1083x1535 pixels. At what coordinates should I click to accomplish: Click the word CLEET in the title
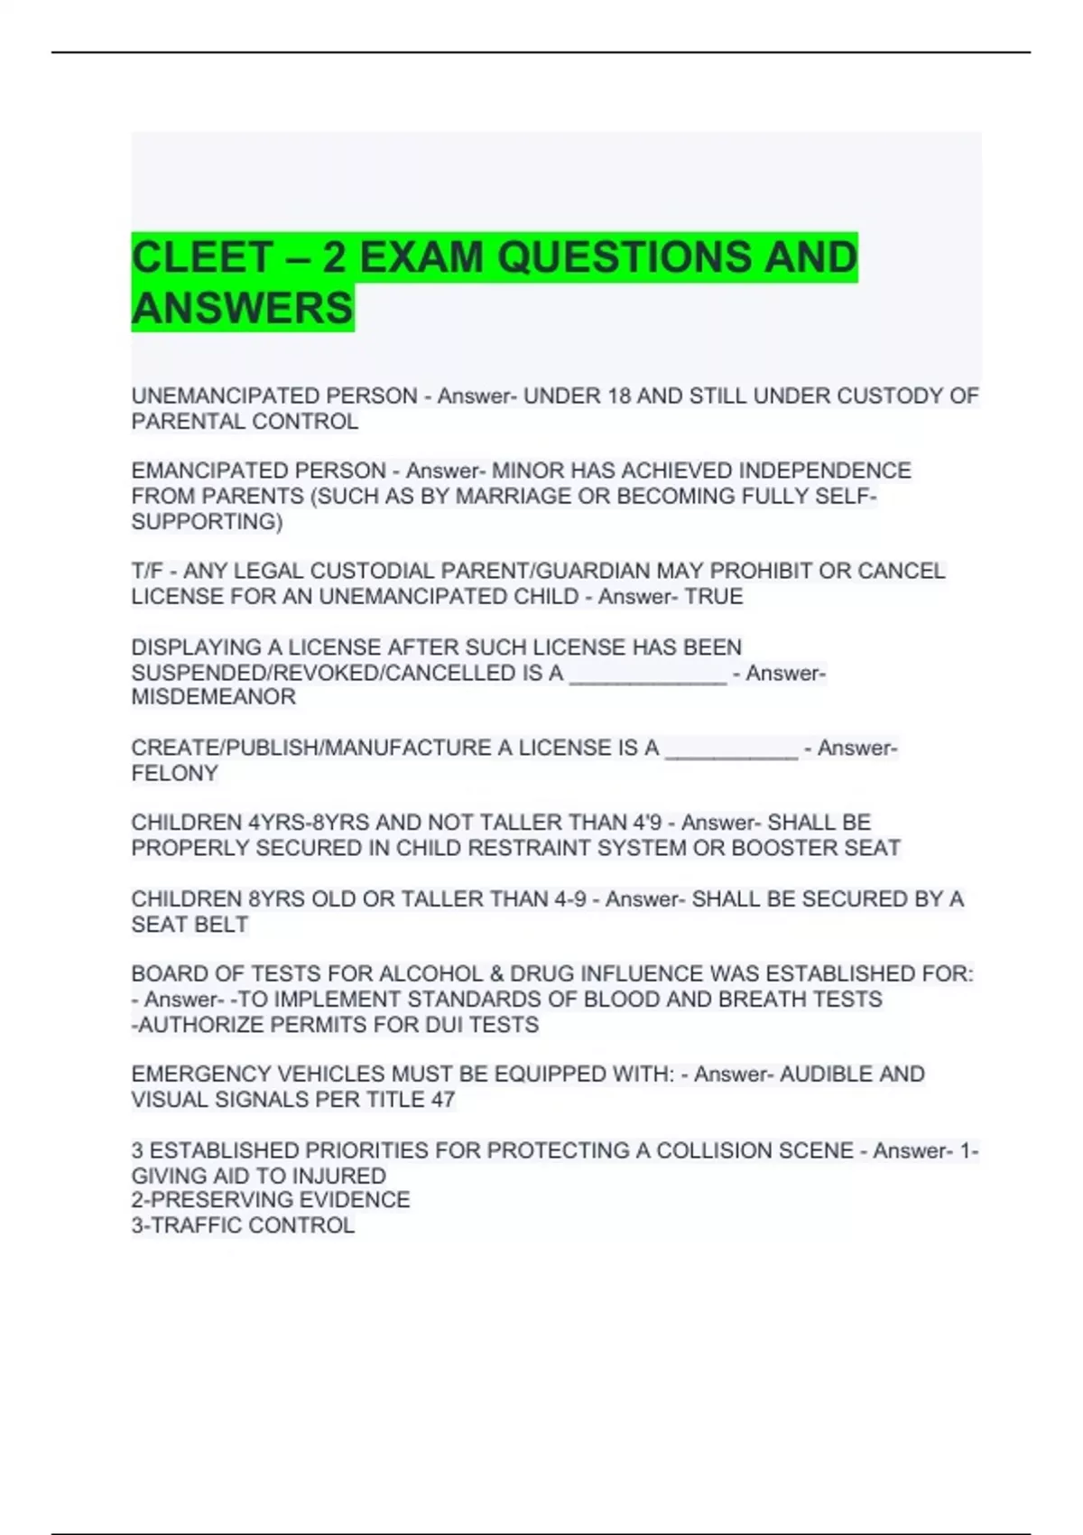201,257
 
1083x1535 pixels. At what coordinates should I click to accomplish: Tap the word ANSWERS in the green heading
242,308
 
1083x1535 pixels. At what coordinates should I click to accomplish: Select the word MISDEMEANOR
213,697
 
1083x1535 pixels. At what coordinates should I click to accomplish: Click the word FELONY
174,773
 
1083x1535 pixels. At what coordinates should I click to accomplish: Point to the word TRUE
714,597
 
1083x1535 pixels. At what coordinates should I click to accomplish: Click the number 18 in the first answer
619,396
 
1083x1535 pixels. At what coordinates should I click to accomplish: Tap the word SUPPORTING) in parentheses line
207,522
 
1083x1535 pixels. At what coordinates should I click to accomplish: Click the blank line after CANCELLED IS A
647,674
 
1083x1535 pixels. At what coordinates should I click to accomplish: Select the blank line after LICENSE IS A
731,749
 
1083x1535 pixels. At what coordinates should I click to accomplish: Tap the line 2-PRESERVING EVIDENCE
270,1200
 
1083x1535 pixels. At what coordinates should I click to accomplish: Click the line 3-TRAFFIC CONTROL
242,1225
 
